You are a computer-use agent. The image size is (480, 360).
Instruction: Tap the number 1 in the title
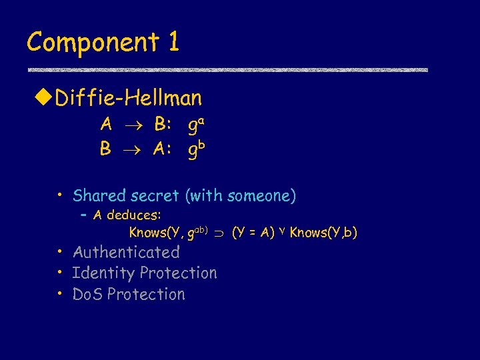pyautogui.click(x=173, y=42)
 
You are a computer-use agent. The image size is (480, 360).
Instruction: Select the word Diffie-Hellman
pyautogui.click(x=129, y=99)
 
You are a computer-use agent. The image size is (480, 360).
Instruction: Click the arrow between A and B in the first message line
pyautogui.click(x=133, y=125)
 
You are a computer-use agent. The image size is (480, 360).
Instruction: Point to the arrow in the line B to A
pyautogui.click(x=133, y=150)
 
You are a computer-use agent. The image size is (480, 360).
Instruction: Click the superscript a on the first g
pyautogui.click(x=202, y=120)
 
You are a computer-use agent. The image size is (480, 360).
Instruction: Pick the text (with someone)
pyautogui.click(x=241, y=196)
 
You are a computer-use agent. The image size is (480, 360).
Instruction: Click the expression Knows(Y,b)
pyautogui.click(x=324, y=233)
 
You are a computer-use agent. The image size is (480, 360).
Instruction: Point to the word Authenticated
pyautogui.click(x=126, y=252)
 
